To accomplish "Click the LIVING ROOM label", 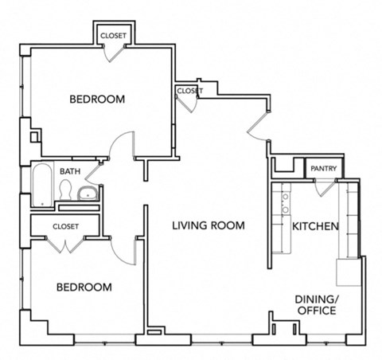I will [x=209, y=226].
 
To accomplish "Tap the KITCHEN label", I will [x=316, y=227].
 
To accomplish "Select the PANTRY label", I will [x=323, y=169].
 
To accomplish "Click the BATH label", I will [x=69, y=171].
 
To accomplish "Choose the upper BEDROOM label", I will [x=97, y=100].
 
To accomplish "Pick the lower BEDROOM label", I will [x=84, y=287].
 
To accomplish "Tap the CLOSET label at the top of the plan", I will [x=112, y=36].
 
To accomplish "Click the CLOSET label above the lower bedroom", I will [x=66, y=226].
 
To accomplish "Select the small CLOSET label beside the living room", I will [x=189, y=91].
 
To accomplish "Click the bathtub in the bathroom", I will [x=41, y=186].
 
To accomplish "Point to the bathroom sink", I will [x=88, y=192].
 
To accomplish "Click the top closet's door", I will [x=115, y=50].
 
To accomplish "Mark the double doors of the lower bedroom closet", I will [x=66, y=245].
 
